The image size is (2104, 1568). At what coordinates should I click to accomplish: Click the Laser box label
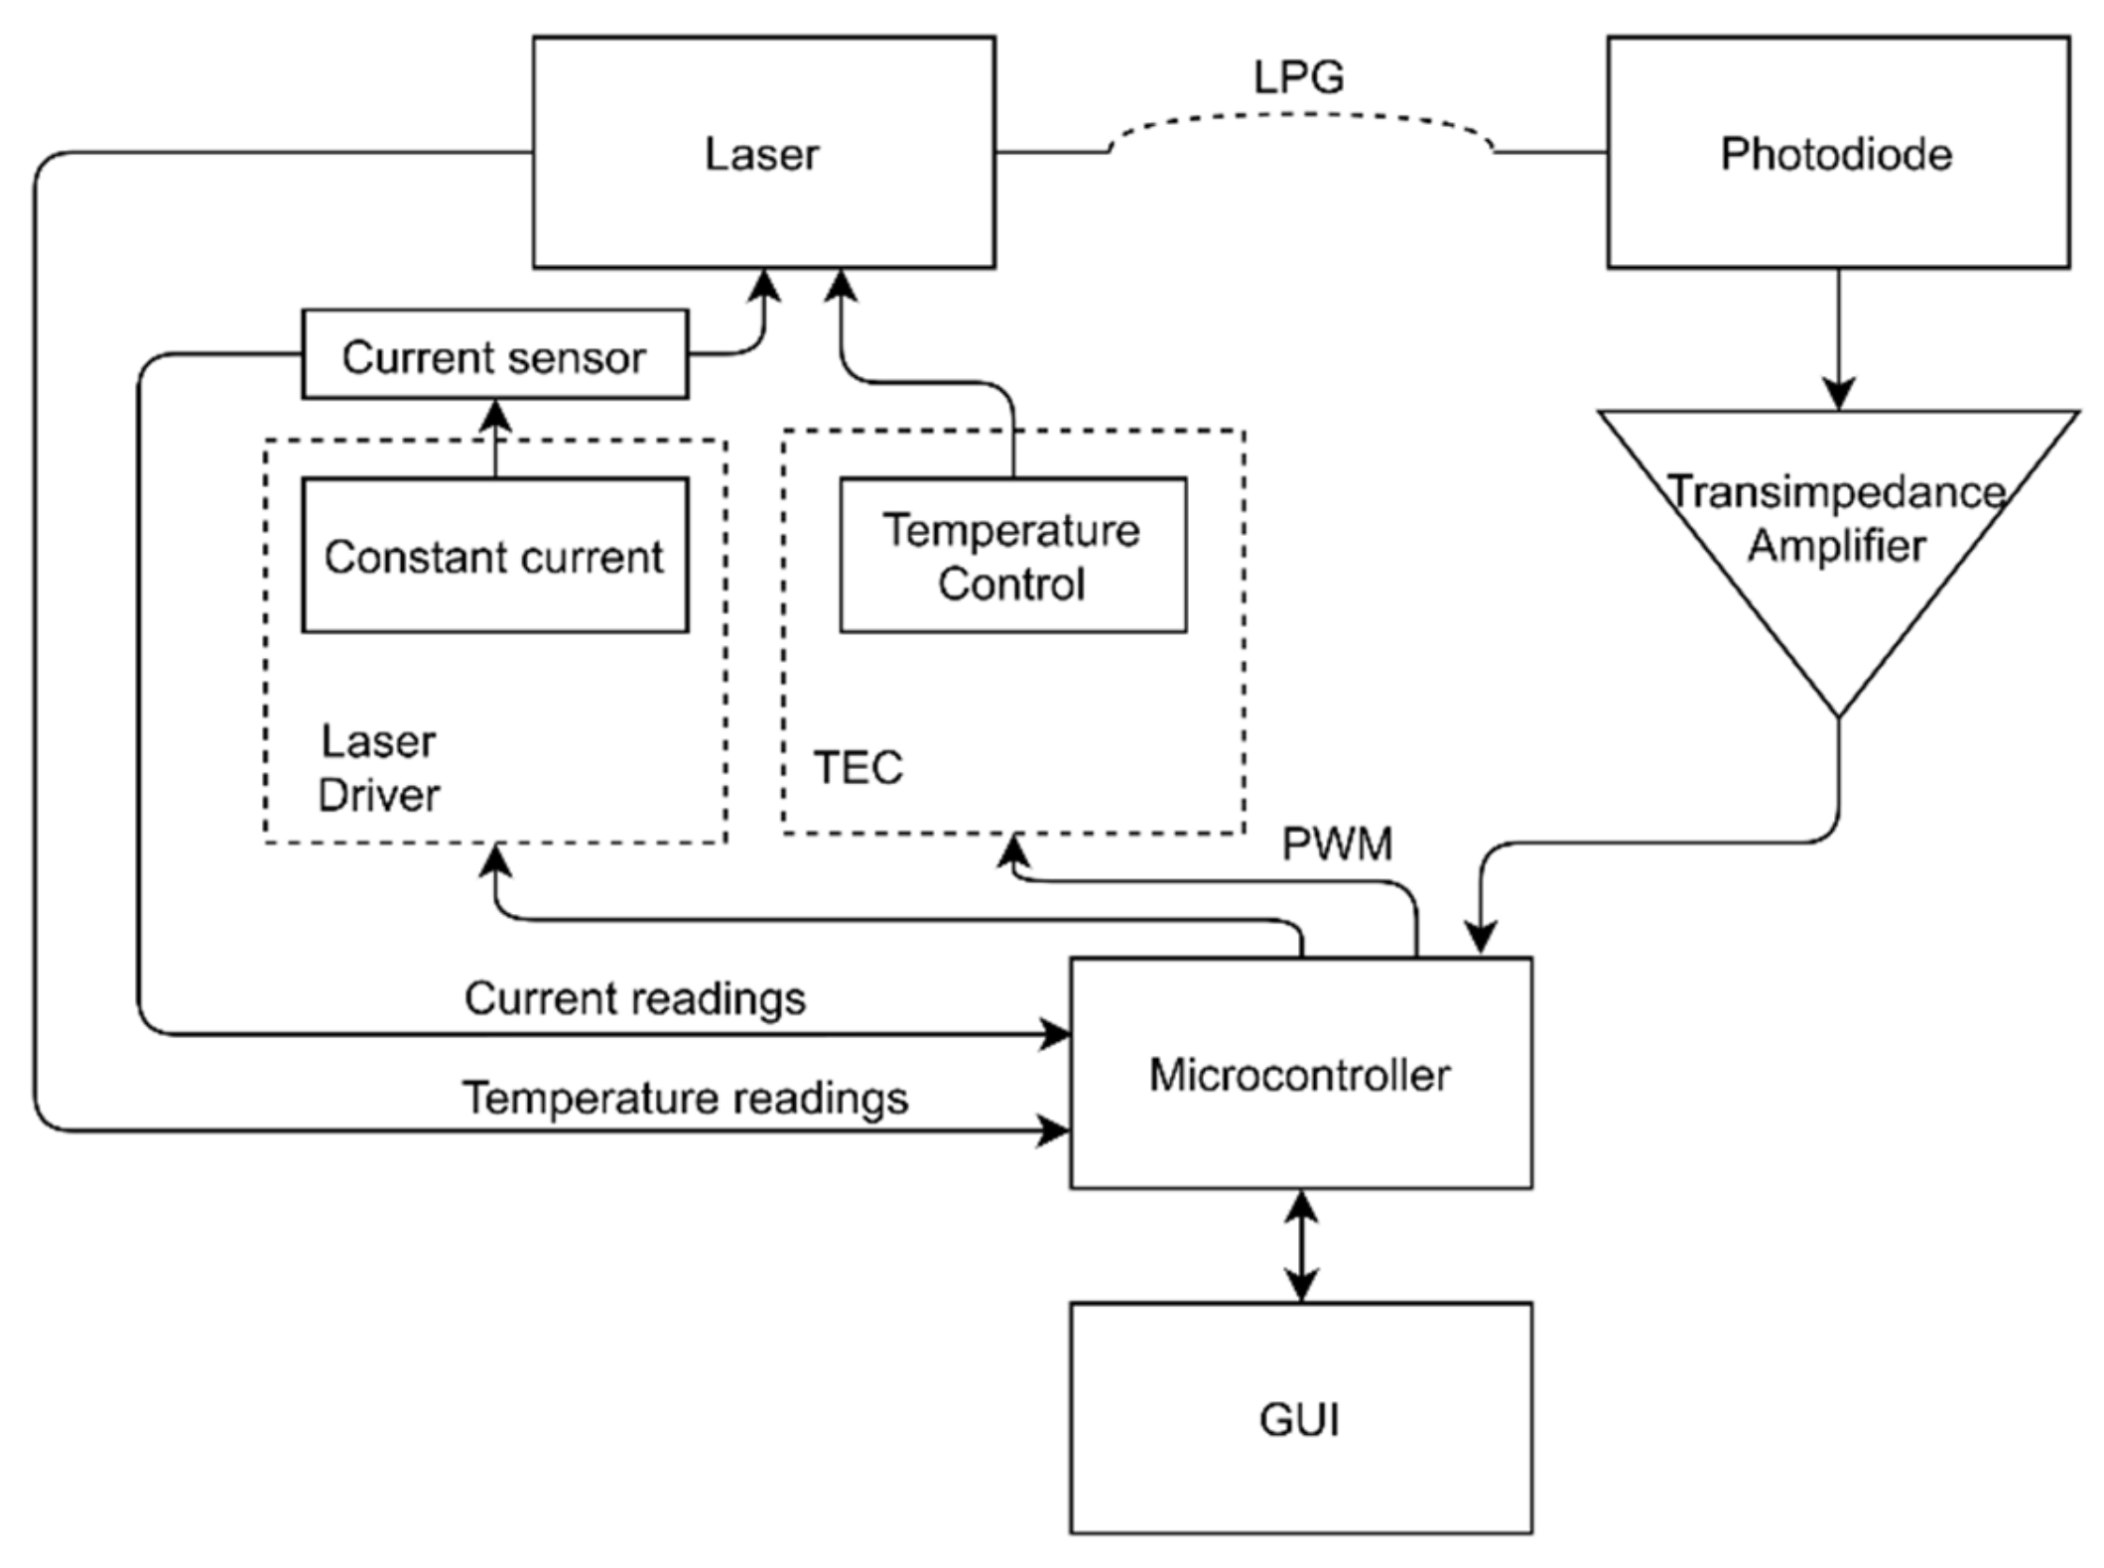[761, 154]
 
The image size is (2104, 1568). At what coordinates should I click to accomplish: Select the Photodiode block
[1837, 153]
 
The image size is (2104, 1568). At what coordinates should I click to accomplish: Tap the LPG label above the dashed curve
[1298, 77]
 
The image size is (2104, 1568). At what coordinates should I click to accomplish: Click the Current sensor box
[494, 355]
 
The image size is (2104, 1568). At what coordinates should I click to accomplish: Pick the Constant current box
[494, 556]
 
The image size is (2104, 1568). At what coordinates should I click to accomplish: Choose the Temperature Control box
[1012, 556]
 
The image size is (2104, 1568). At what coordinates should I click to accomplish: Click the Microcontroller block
[1300, 1074]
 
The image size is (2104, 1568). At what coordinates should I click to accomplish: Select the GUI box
[1300, 1419]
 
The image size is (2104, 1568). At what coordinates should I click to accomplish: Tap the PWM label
[1337, 845]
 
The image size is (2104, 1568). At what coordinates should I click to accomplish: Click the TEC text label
[858, 767]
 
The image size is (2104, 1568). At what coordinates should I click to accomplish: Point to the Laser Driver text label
[378, 768]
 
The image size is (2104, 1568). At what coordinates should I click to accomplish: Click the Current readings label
[635, 998]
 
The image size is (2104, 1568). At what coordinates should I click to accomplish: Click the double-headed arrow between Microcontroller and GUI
[1300, 1246]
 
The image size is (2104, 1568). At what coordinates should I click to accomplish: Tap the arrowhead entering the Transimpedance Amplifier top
[1838, 394]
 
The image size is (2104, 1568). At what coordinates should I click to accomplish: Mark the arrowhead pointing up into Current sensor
[495, 415]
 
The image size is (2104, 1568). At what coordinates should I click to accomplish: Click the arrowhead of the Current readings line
[1055, 1034]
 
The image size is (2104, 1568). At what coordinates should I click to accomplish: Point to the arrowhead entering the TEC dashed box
[1012, 850]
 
